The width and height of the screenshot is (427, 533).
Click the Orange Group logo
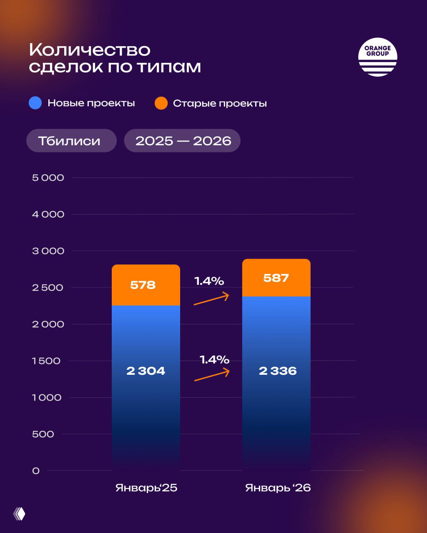(377, 57)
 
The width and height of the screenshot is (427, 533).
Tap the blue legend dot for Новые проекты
(35, 103)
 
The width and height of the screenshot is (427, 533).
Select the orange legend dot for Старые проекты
(161, 103)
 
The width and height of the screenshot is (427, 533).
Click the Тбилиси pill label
(69, 141)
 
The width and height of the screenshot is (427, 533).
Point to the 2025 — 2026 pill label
(183, 141)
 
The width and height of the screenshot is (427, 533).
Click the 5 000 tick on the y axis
(48, 178)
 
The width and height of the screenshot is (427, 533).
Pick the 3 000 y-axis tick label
(48, 251)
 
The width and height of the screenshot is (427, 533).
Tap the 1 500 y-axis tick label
(46, 361)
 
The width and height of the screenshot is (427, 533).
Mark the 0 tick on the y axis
(36, 471)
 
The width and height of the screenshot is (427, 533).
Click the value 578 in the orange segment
(143, 285)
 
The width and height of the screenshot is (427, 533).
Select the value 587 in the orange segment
(276, 278)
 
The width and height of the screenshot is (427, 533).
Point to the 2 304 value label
(146, 371)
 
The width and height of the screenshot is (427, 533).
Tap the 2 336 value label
(278, 371)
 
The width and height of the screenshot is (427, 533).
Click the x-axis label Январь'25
(146, 488)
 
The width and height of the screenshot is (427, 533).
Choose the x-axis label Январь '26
(278, 488)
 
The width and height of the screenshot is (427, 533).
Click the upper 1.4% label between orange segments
(209, 281)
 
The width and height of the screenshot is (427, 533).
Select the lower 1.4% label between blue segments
(214, 359)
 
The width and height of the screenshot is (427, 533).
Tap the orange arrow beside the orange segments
(212, 299)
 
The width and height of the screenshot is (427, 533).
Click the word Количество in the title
(90, 50)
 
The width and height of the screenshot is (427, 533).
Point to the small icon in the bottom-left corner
(19, 514)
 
